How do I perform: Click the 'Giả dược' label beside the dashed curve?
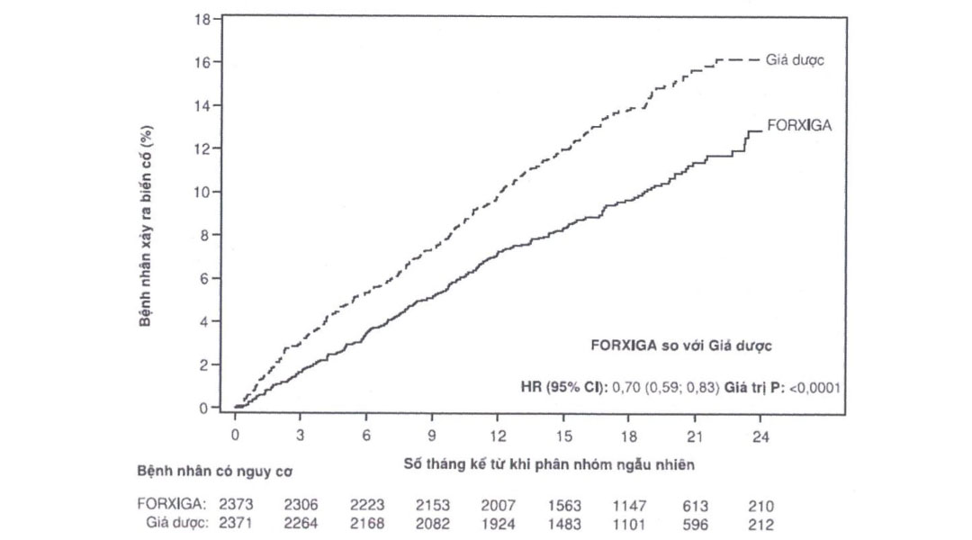pyautogui.click(x=796, y=60)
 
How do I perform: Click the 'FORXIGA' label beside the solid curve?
pyautogui.click(x=798, y=126)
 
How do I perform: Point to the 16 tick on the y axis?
pyautogui.click(x=204, y=62)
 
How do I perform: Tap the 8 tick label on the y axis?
pyautogui.click(x=204, y=235)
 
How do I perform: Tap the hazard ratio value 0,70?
pyautogui.click(x=626, y=388)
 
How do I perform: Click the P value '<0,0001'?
pyautogui.click(x=814, y=388)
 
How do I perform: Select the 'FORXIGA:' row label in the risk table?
pyautogui.click(x=175, y=507)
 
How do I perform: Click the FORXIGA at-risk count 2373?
pyautogui.click(x=236, y=507)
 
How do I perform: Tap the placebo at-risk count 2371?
pyautogui.click(x=236, y=524)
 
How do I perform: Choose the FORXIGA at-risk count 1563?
pyautogui.click(x=563, y=507)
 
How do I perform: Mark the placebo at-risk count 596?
pyautogui.click(x=694, y=524)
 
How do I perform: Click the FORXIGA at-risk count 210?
pyautogui.click(x=760, y=507)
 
